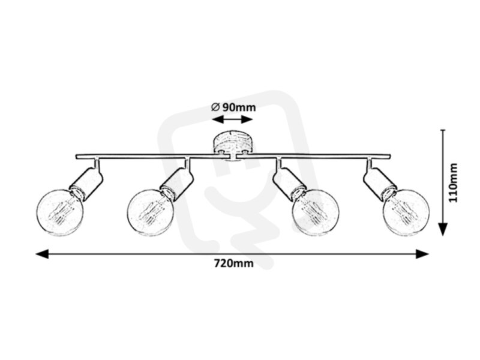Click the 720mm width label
pos(233,263)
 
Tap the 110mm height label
pos(453,182)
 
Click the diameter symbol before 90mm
pos(215,107)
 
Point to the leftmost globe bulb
pos(59,212)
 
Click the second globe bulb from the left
pos(151,212)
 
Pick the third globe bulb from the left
pos(316,212)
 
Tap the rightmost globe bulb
pos(406,212)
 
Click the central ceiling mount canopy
pos(233,143)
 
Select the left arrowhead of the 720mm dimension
pos(42,254)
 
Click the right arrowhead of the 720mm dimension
pos(422,254)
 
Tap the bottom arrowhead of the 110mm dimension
pos(443,229)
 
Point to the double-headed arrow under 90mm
pos(232,119)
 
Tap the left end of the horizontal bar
pos(76,157)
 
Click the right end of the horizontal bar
pos(390,157)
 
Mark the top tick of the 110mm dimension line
pos(443,130)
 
